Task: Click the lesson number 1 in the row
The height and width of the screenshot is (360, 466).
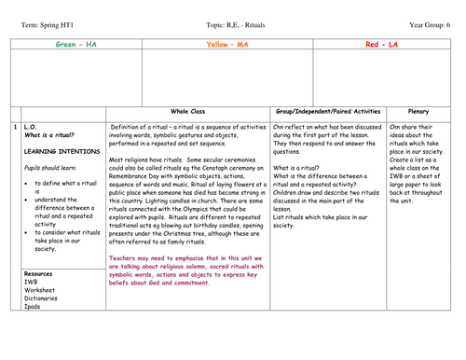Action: click(15, 126)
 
